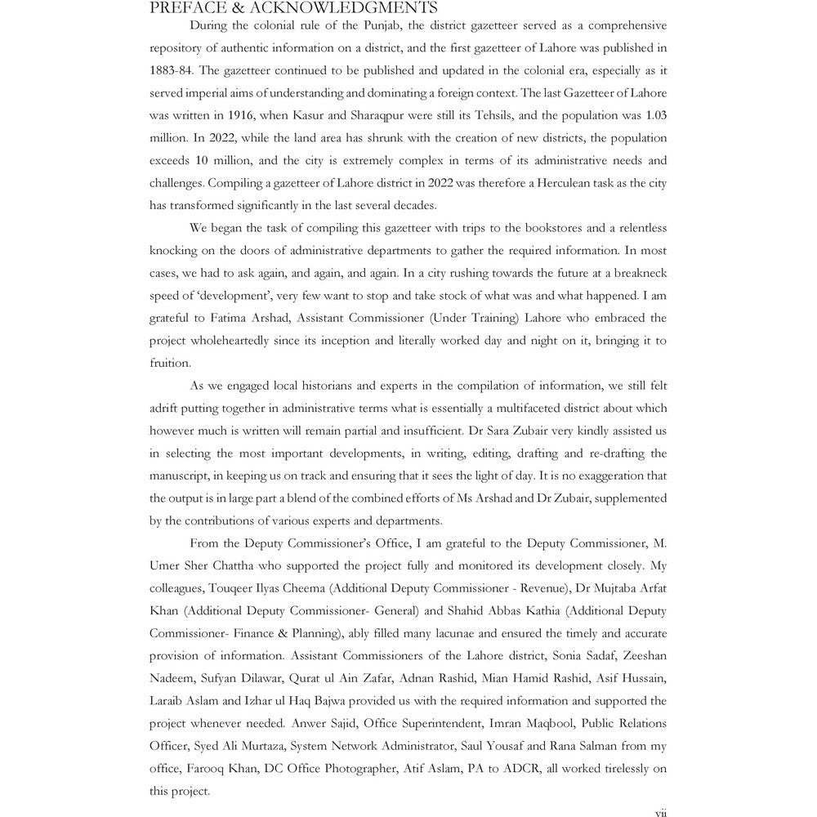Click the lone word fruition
pyautogui.click(x=170, y=363)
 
